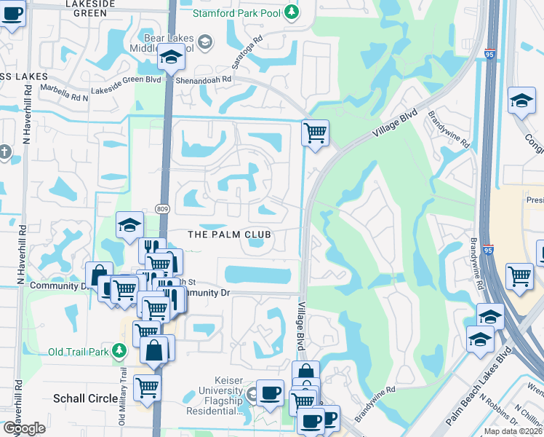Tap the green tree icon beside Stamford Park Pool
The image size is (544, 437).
[x=291, y=12]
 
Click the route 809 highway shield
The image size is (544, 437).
[x=162, y=210]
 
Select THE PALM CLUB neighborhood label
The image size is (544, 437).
[x=229, y=235]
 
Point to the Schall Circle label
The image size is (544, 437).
[x=85, y=398]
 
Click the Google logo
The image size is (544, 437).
[x=24, y=428]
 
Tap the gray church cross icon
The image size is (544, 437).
[x=5, y=152]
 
